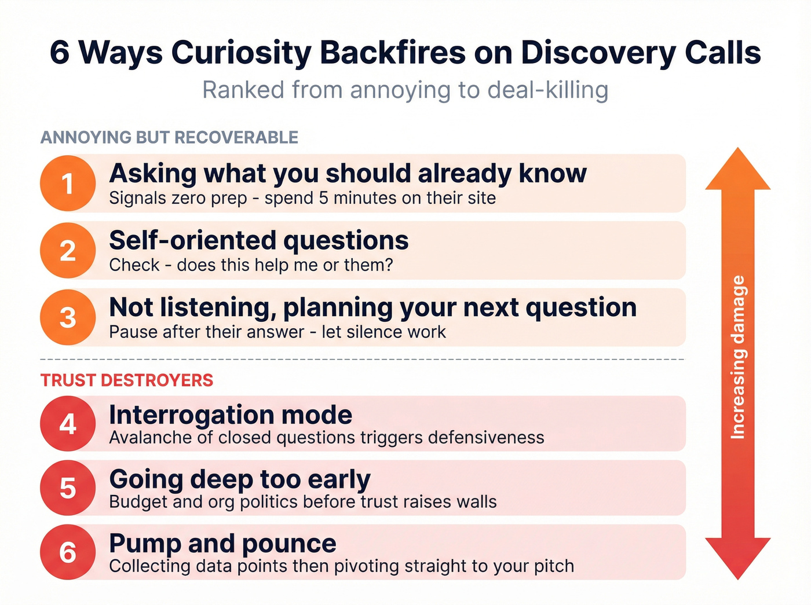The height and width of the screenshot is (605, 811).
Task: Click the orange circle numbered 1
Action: [68, 184]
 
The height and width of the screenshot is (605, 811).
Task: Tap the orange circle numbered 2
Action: [68, 251]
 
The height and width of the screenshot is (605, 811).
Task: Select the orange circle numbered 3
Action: [68, 317]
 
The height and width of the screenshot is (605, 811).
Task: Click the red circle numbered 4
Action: [68, 424]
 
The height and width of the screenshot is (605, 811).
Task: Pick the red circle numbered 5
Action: [68, 488]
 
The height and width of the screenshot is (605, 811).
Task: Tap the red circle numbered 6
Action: [68, 552]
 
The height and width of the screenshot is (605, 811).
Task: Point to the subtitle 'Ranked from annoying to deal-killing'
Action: [405, 90]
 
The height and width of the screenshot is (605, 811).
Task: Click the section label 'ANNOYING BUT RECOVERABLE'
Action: [169, 138]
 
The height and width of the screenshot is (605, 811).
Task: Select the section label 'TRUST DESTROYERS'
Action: [127, 380]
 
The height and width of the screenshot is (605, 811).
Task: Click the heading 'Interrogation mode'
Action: [231, 415]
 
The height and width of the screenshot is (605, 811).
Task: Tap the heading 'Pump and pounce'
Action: [222, 543]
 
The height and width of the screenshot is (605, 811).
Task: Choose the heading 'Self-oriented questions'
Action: [258, 240]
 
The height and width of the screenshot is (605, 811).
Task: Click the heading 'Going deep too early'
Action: [239, 479]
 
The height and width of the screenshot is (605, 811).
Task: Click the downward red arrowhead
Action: [737, 556]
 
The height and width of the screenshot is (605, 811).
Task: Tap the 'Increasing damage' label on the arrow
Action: [737, 357]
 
